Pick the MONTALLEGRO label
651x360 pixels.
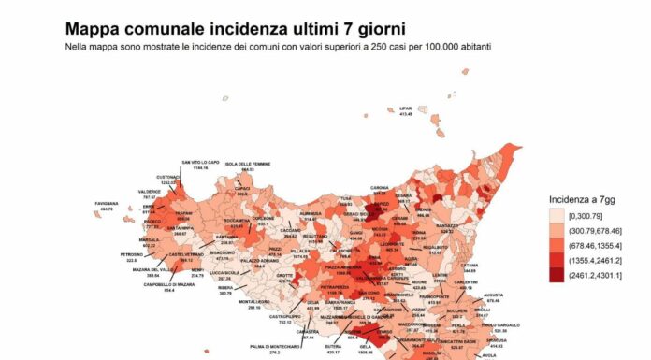click(x=254, y=304)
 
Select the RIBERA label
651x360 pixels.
click(x=225, y=290)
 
